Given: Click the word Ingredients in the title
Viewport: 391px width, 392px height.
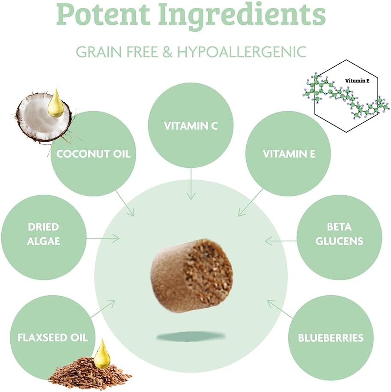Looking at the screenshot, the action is coord(242,15).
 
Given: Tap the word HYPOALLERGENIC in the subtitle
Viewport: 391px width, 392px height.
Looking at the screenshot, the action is coord(242,52).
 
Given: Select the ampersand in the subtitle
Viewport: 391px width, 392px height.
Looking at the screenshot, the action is coord(167,52).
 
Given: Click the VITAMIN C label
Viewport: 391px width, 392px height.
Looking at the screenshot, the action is coord(191,126).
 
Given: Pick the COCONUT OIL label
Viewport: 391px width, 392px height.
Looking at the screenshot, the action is coord(93,154).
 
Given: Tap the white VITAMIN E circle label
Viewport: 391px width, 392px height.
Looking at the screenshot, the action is coord(289,154).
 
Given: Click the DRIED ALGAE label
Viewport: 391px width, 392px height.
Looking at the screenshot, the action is coord(44,234).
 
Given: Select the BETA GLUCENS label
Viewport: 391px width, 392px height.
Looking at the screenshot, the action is coord(339,234).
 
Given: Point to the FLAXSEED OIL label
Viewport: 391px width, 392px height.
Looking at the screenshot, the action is coord(53,338).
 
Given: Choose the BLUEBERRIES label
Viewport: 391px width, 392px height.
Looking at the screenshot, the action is coord(331,338).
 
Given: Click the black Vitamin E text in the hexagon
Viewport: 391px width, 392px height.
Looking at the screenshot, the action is coord(357,80).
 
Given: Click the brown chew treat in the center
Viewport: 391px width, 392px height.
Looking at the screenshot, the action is coord(191,275).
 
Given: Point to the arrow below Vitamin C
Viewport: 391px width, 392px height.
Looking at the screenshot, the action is coord(191,184).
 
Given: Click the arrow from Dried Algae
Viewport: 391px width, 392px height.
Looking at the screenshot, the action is coord(103,238).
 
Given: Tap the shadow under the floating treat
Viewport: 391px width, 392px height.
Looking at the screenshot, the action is coord(191,337).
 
